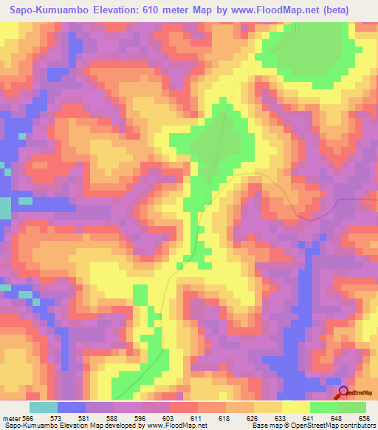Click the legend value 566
coord(27,417)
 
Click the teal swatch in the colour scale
coord(44,407)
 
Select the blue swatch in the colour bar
coord(72,407)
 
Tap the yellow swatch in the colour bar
coord(296,407)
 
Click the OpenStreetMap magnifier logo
coord(343,392)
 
